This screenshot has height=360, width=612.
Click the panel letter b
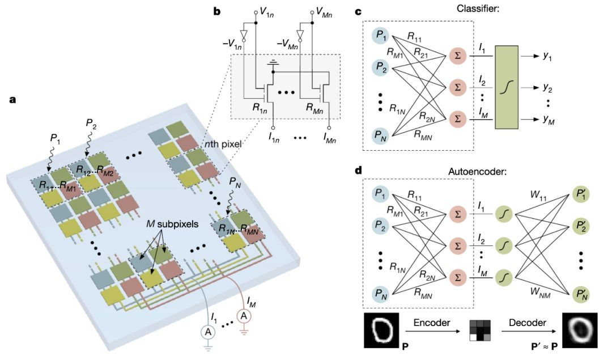pyautogui.click(x=218, y=11)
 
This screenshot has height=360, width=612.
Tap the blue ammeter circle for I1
pyautogui.click(x=208, y=333)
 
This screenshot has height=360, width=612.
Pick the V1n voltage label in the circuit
pyautogui.click(x=269, y=10)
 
